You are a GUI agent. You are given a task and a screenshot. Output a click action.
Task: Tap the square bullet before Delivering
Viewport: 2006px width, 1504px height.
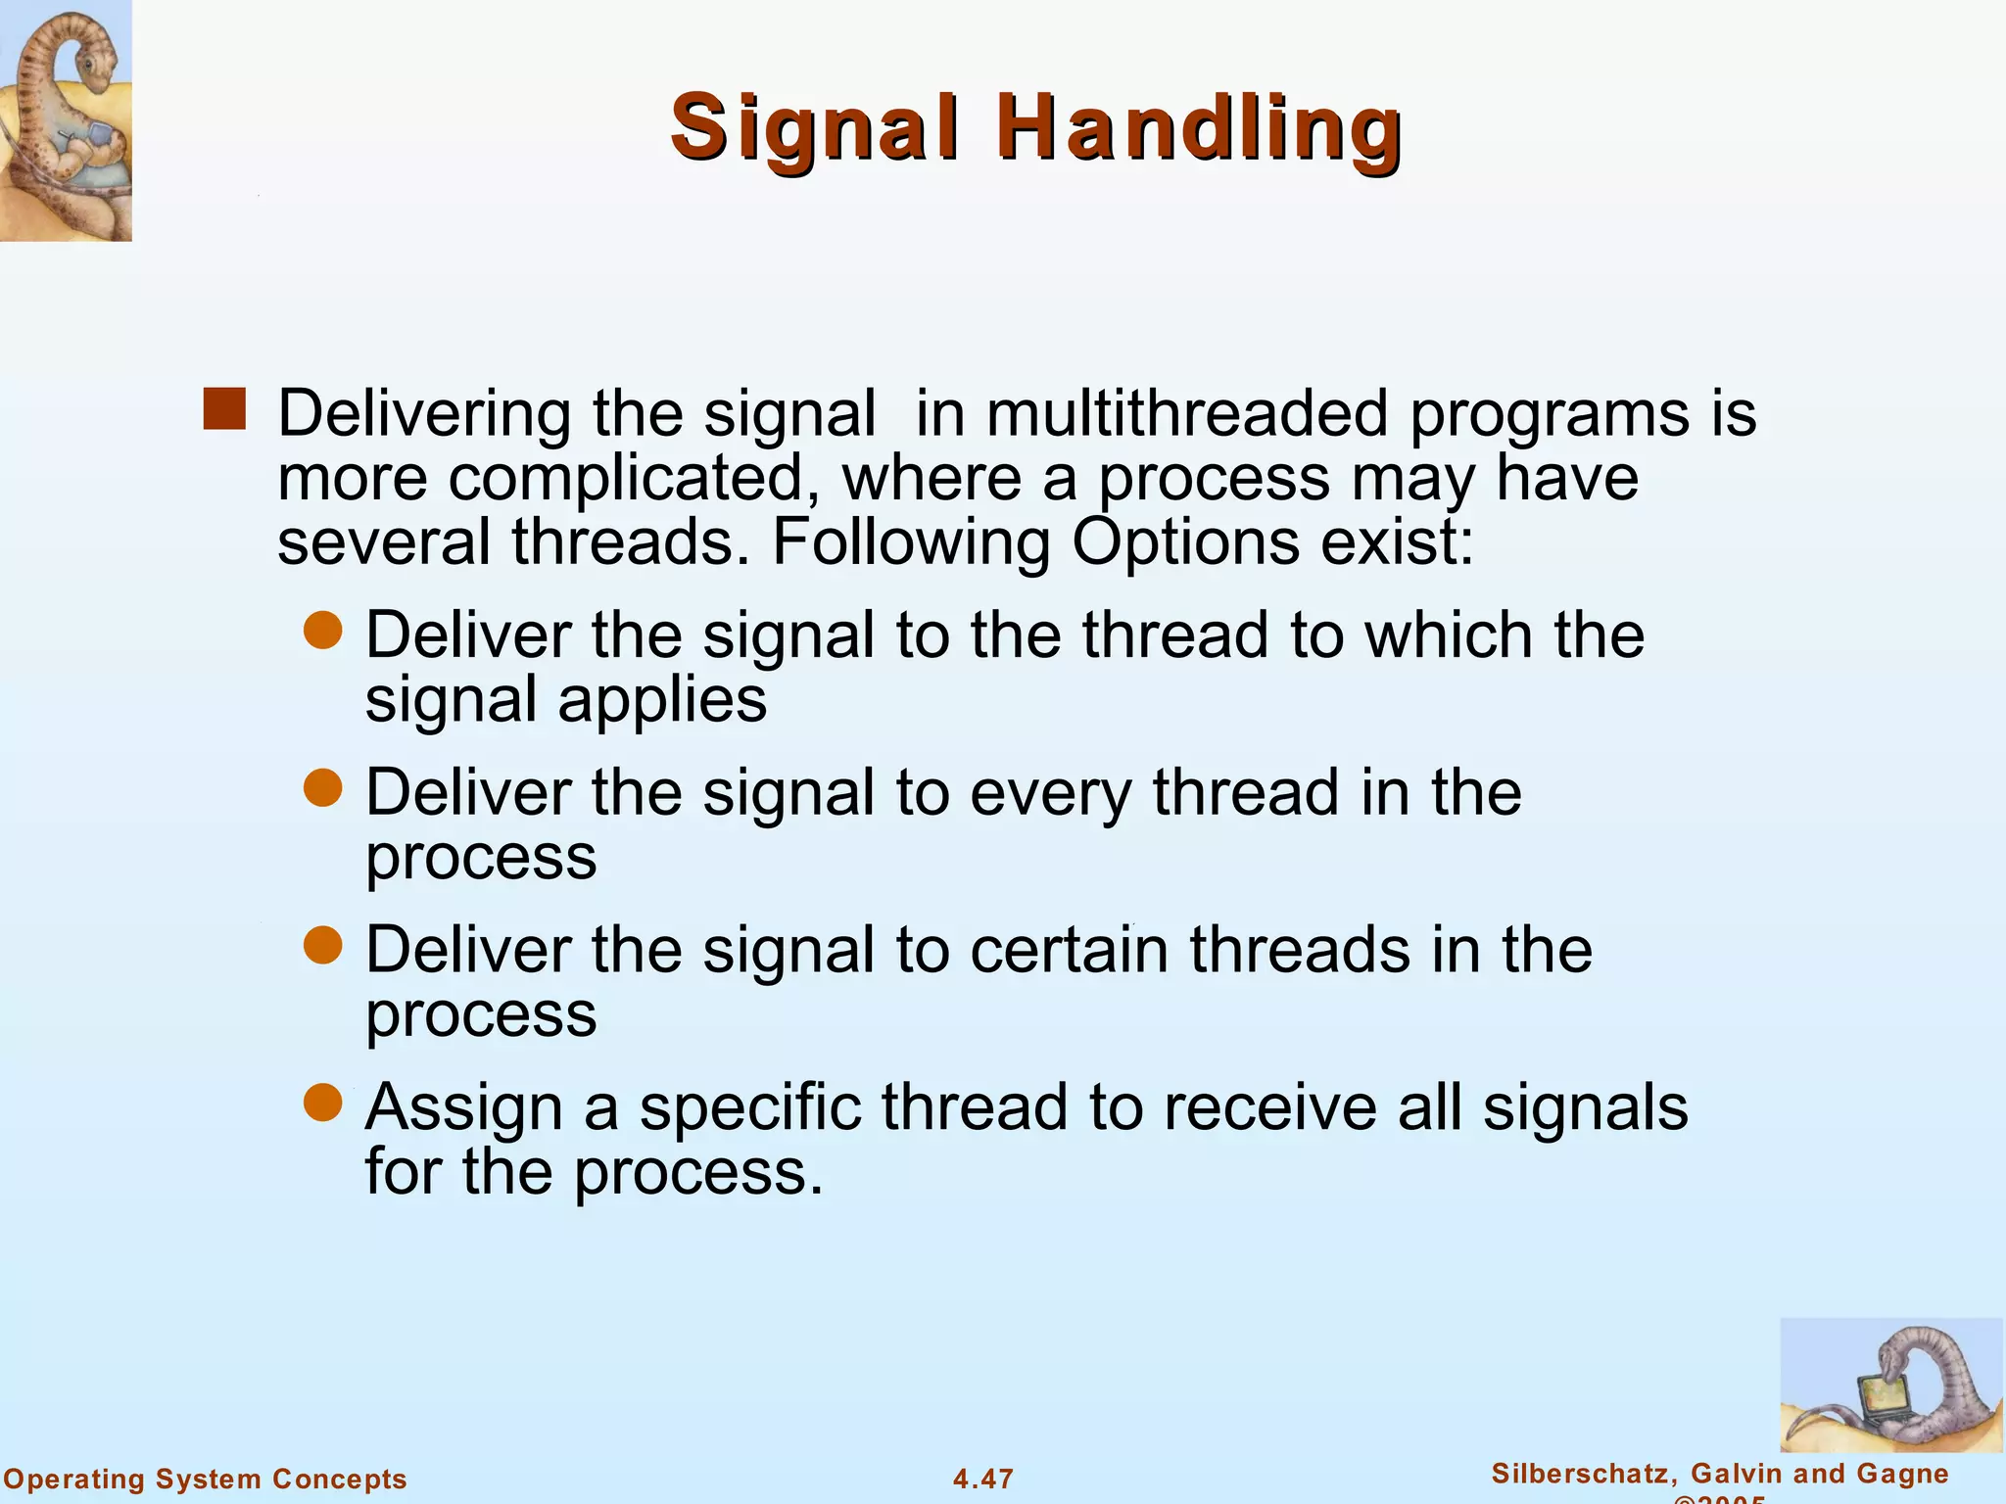[224, 409]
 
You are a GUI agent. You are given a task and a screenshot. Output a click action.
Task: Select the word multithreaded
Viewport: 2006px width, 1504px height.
[1187, 414]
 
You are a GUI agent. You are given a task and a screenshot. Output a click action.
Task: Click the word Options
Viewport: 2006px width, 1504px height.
[1186, 543]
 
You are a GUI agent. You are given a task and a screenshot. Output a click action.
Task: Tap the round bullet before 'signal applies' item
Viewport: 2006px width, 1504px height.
[322, 632]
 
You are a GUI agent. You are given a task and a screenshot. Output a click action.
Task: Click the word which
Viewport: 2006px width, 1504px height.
[1449, 635]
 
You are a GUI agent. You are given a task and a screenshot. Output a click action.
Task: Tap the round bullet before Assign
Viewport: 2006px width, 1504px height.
[322, 1104]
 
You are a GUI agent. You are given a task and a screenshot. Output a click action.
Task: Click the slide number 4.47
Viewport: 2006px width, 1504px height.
[983, 1479]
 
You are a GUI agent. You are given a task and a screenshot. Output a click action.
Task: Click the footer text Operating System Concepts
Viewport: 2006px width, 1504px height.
[205, 1479]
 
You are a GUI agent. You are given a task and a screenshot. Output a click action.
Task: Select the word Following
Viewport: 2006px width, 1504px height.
[910, 543]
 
